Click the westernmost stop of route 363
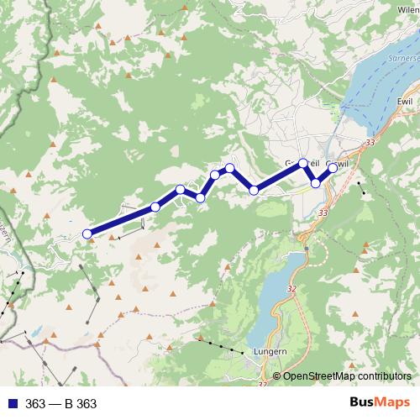(x=87, y=234)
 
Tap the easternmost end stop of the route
(x=333, y=167)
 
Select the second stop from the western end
(x=155, y=207)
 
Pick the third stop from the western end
(x=181, y=190)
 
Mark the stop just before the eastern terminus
(x=316, y=182)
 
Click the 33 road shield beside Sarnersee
(x=370, y=144)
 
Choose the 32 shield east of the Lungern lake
(x=291, y=289)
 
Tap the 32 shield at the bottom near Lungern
(x=263, y=385)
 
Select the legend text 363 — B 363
(x=61, y=404)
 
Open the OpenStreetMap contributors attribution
(x=348, y=375)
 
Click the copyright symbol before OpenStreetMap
(x=277, y=375)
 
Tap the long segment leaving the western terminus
(x=121, y=221)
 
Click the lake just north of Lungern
(x=277, y=294)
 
